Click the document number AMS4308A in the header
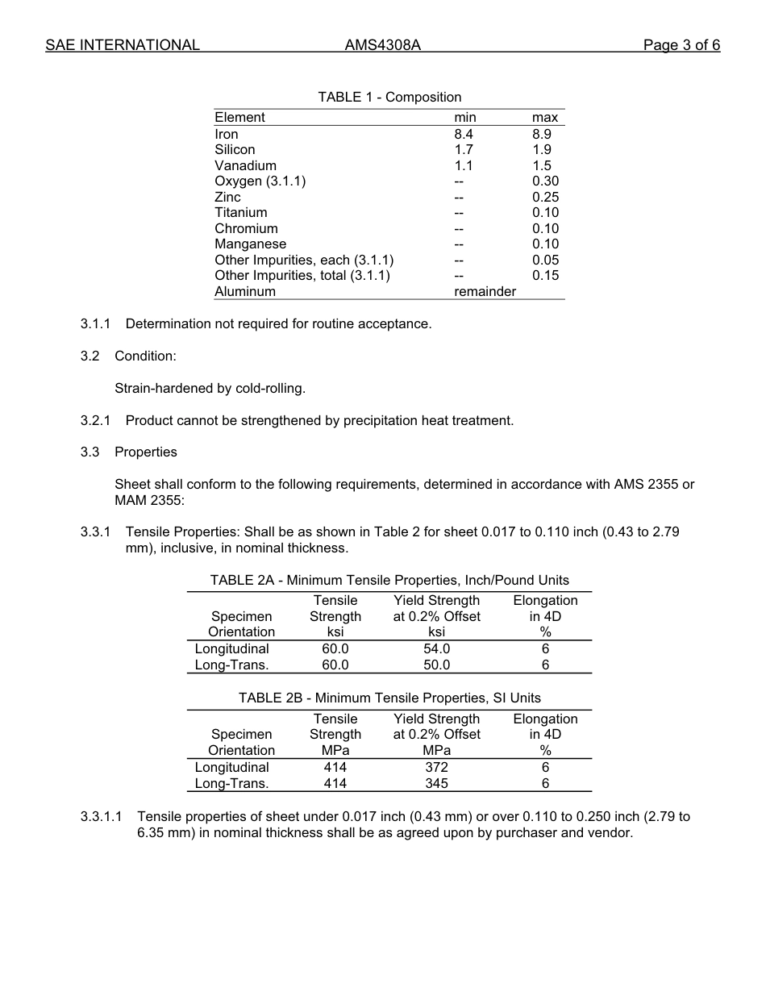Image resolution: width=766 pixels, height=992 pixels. point(382,45)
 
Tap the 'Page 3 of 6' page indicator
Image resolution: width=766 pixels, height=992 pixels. point(681,45)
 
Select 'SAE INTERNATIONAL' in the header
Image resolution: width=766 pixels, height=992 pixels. point(123,45)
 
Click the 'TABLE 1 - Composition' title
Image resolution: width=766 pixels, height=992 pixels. point(389,98)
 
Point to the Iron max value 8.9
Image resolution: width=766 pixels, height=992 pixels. point(542,135)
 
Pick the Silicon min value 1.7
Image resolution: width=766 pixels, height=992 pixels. point(464,150)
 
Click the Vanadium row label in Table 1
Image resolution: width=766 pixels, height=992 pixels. point(245,166)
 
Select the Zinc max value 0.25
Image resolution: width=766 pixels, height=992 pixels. point(545,198)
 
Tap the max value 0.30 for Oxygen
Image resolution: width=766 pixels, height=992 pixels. point(545,181)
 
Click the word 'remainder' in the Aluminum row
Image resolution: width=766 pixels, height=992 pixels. point(485,292)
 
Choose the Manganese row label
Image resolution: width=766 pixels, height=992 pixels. point(250,244)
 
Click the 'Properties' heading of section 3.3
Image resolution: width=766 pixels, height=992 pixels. point(145,452)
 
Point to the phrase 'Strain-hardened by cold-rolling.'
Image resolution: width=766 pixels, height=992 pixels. point(210,389)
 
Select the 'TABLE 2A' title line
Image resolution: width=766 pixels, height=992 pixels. point(389,581)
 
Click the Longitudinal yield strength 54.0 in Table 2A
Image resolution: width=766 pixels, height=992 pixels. point(436,649)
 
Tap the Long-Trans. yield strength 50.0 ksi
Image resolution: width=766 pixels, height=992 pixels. point(436,665)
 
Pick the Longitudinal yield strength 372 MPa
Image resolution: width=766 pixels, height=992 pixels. point(436,768)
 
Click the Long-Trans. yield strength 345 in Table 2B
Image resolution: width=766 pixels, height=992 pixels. point(436,784)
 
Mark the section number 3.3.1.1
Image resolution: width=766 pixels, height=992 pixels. point(101,817)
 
